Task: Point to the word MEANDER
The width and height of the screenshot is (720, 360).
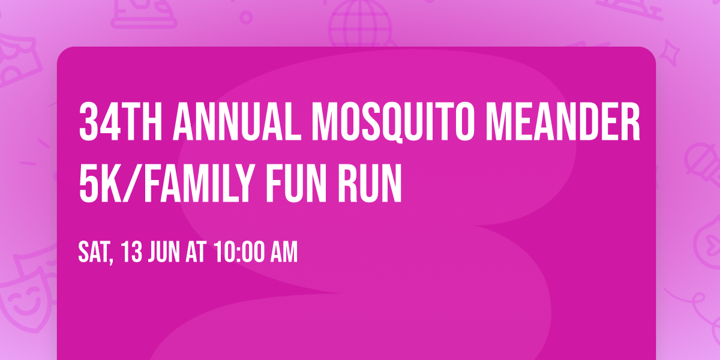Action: point(575,122)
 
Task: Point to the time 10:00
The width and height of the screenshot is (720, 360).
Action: point(238,253)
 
